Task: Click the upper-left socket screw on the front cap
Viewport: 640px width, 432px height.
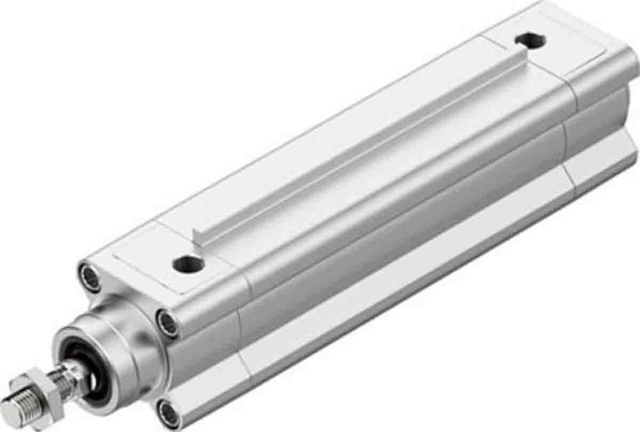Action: [x=90, y=277]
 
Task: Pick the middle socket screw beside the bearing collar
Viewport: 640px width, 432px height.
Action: [x=167, y=323]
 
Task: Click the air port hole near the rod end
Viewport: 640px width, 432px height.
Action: [x=188, y=263]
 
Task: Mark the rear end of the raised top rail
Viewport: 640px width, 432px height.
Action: [x=520, y=59]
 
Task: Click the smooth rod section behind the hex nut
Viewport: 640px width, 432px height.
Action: [x=64, y=376]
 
